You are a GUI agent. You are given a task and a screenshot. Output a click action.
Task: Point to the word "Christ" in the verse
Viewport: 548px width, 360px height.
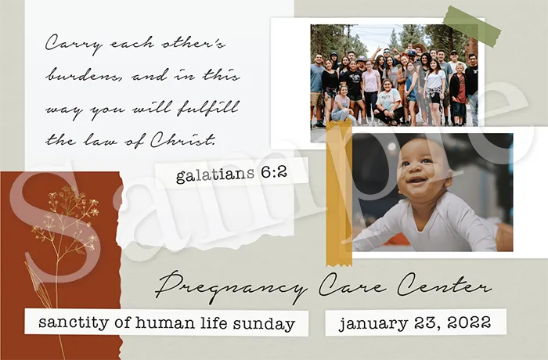pyautogui.click(x=182, y=140)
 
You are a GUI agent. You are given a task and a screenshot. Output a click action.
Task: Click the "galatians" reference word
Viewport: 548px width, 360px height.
pyautogui.click(x=215, y=175)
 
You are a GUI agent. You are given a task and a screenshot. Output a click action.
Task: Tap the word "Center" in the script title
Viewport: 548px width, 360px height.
pyautogui.click(x=444, y=285)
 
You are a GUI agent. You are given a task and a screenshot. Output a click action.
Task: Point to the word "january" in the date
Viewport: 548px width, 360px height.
pyautogui.click(x=373, y=323)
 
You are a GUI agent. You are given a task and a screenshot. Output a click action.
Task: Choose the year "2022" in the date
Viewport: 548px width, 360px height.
pyautogui.click(x=469, y=322)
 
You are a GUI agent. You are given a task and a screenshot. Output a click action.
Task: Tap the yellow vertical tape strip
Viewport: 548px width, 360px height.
pyautogui.click(x=339, y=193)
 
